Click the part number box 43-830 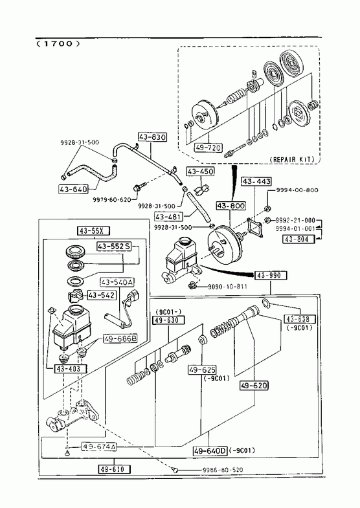pos(153,137)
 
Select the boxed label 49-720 pos(208,148)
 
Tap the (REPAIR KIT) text pos(291,159)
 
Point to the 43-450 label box pos(200,171)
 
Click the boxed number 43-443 pos(256,181)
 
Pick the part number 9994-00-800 pos(297,190)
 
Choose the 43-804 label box pos(296,239)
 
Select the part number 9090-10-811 pos(227,287)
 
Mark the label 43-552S pos(114,247)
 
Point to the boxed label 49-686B pos(120,339)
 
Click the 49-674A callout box pos(98,447)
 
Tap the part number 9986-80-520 pos(223,470)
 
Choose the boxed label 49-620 pos(254,386)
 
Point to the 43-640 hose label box pos(74,189)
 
